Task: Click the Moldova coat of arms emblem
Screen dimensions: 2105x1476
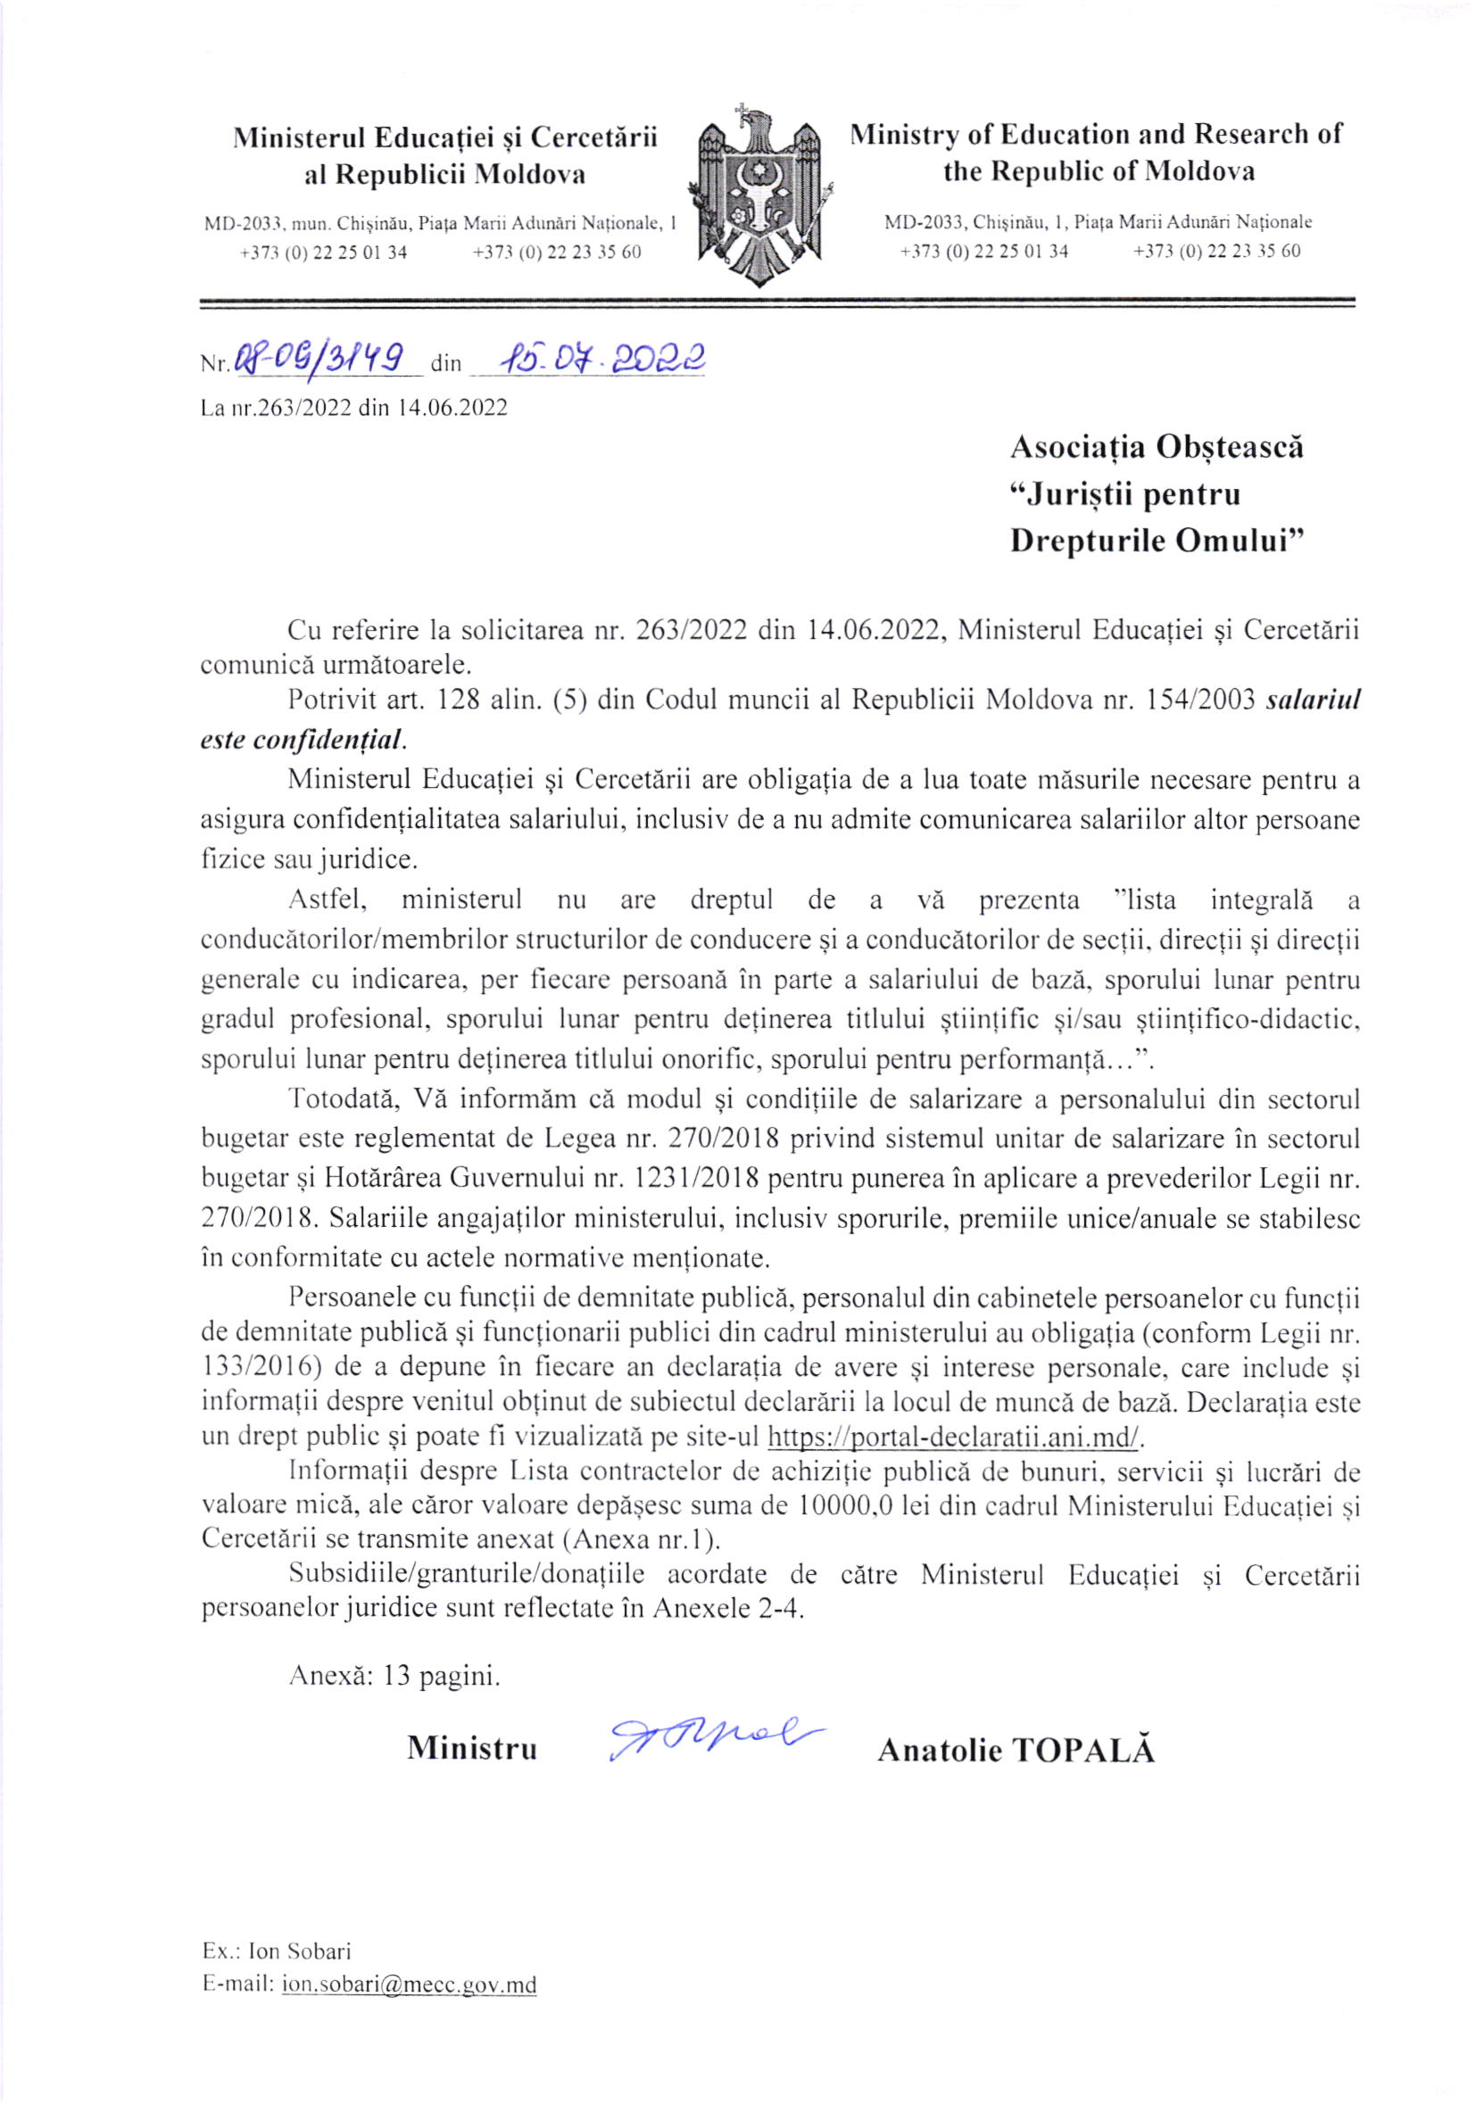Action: (759, 195)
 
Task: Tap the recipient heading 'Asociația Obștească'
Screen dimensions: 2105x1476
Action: (1156, 447)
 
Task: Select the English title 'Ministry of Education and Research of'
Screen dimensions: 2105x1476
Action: (1096, 135)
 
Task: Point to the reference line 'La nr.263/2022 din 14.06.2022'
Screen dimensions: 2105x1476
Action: (354, 408)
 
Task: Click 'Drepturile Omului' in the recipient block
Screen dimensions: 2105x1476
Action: (1156, 541)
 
